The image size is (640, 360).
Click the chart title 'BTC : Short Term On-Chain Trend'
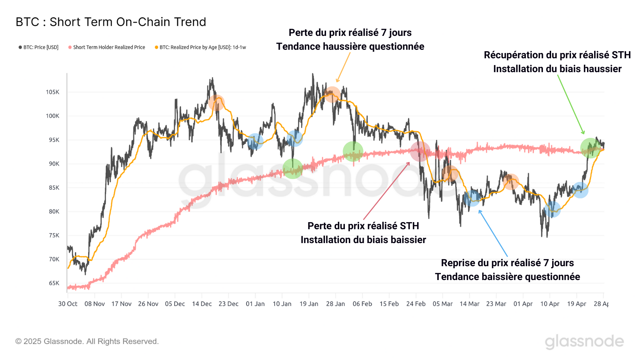pos(111,22)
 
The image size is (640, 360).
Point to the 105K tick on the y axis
pos(53,92)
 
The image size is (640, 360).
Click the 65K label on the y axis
pos(54,283)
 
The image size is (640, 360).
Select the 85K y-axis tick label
pos(54,188)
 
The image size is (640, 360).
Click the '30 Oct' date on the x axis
pos(68,304)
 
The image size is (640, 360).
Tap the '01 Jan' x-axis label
pos(255,304)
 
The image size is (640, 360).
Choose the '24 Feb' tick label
pos(416,304)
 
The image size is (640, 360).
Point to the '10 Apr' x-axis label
pos(550,304)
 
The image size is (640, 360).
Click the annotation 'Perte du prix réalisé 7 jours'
pos(350,33)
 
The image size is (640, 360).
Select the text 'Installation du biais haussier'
pos(557,69)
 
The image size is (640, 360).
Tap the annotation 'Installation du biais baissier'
pos(363,240)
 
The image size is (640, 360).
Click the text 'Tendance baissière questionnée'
pos(507,277)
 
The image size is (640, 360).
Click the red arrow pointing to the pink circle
pos(386,191)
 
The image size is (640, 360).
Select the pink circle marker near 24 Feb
pos(420,151)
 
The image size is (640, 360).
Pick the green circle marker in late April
pos(590,148)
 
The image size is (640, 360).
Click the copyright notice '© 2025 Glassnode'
pos(87,342)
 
